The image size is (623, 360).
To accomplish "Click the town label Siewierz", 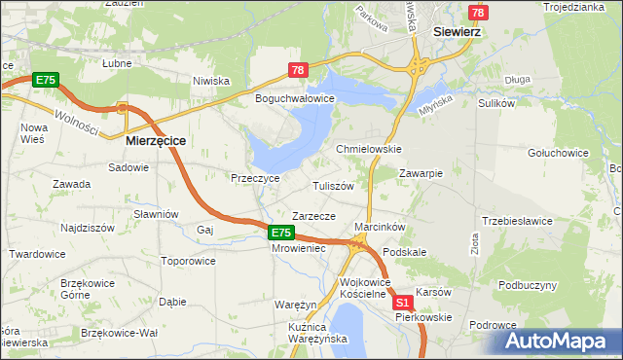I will coord(459,30).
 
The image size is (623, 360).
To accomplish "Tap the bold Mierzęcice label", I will coord(156,140).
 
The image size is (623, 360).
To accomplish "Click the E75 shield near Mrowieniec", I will coord(281,233).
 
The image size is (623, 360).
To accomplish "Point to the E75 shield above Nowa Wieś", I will coord(45,80).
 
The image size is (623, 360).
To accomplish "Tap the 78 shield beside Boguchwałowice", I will coord(298,70).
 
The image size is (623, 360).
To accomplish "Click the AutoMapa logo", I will coord(562,342).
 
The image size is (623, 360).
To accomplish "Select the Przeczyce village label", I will coord(255,178).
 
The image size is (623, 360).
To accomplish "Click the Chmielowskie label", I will coord(369,149).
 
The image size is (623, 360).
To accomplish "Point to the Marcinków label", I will coord(380,227).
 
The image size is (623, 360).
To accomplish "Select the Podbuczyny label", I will coord(528,285).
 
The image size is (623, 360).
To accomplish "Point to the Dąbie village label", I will coord(172,302).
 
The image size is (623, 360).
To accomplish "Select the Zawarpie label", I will coord(421,173).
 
